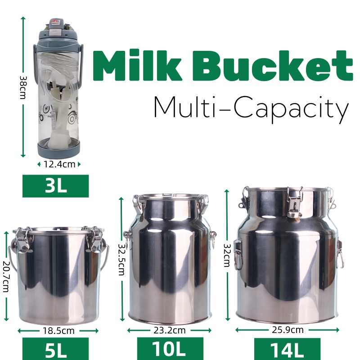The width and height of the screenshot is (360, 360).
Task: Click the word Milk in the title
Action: [137, 65]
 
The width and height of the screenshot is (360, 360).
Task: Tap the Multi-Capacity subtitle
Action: [252, 109]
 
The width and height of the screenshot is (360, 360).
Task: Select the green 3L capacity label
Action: [55, 186]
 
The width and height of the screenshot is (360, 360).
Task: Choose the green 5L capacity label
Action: [55, 348]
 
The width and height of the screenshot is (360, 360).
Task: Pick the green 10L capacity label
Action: [170, 348]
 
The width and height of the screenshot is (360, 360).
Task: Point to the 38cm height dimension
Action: [23, 87]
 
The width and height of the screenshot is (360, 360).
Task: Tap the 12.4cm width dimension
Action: [59, 164]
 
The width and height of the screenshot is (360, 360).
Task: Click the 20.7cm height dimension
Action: [6, 276]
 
